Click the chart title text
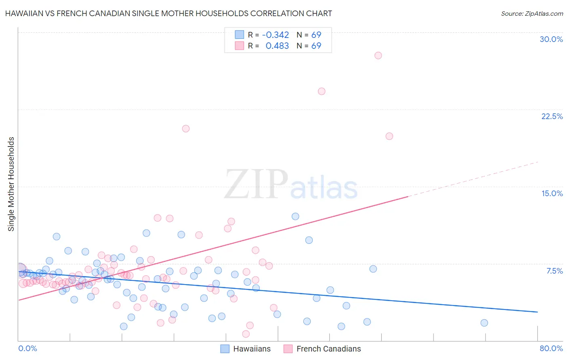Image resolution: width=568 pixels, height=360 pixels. [x=168, y=13]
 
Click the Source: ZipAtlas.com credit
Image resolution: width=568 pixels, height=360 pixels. [x=532, y=13]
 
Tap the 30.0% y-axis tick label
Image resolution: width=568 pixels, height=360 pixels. [x=551, y=39]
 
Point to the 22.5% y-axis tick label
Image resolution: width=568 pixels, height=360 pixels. [x=552, y=116]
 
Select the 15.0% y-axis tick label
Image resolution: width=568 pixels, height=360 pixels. [x=552, y=193]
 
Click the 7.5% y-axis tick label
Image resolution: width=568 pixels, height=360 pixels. [x=554, y=271]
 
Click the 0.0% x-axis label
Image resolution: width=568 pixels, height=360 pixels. [x=27, y=348]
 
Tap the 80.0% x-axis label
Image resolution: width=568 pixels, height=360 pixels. [x=551, y=348]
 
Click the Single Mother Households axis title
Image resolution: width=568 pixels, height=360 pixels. [x=11, y=184]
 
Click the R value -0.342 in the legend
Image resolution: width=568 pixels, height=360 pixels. [x=275, y=35]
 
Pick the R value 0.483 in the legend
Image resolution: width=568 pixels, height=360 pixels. [x=277, y=46]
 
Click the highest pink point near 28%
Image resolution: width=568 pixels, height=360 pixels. [x=378, y=55]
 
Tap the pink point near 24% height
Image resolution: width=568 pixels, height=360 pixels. [x=322, y=91]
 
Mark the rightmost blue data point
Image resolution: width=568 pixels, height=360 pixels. [x=484, y=323]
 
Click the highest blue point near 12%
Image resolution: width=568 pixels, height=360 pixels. [x=295, y=216]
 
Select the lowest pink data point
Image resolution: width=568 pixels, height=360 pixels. [x=246, y=334]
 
